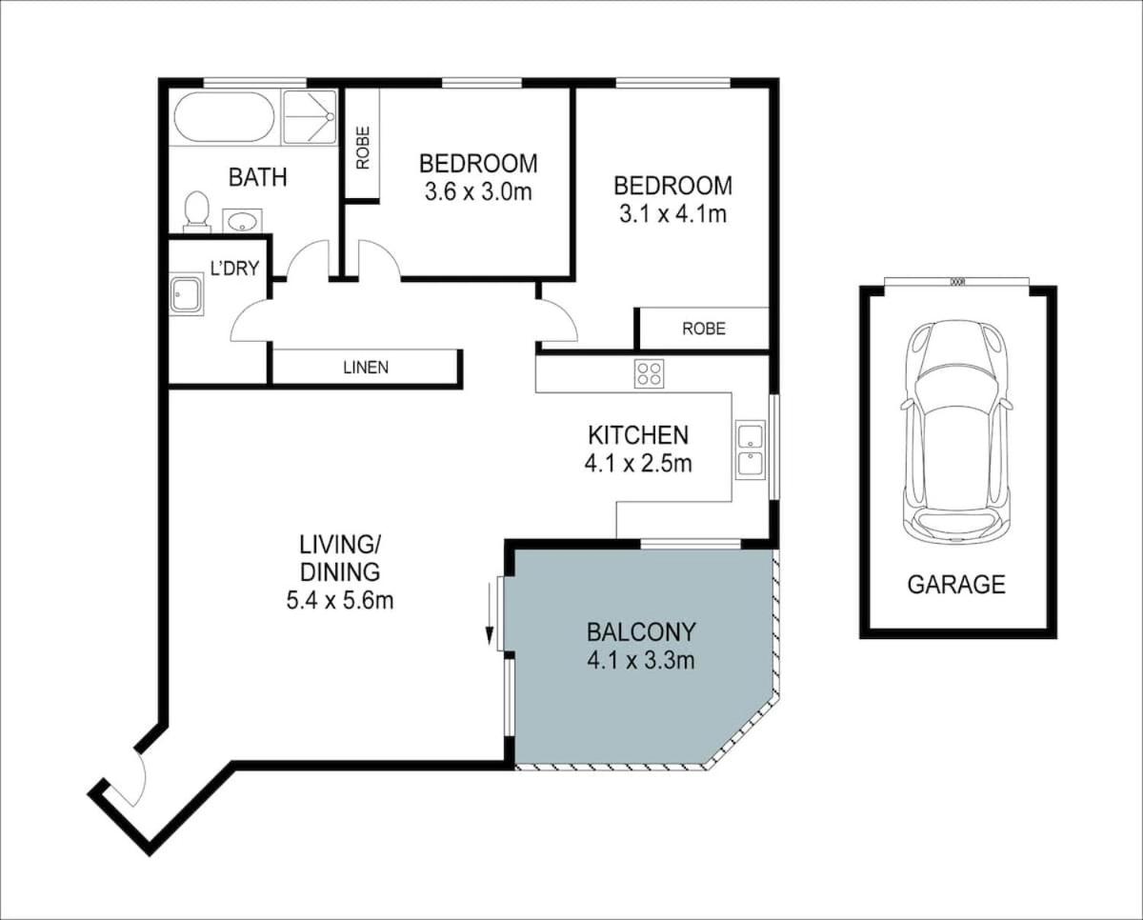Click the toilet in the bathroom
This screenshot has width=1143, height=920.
click(196, 212)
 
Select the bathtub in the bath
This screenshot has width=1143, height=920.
click(224, 117)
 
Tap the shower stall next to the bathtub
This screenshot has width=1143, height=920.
click(310, 117)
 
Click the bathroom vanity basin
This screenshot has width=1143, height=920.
click(243, 220)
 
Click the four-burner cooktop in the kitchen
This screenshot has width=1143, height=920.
click(649, 373)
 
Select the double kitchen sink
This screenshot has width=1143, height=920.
click(751, 450)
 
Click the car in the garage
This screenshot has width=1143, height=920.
click(956, 431)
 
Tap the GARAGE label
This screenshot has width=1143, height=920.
click(956, 585)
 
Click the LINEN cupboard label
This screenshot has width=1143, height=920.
click(366, 367)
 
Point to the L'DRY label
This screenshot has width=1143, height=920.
click(234, 269)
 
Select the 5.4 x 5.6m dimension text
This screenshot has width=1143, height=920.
click(340, 601)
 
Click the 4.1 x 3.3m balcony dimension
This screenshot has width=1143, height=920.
click(641, 661)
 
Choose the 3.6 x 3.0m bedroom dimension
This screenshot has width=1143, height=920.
click(478, 191)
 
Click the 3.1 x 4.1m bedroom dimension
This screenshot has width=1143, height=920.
click(673, 214)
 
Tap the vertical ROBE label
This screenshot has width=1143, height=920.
click(363, 148)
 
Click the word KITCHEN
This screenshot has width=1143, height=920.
click(638, 435)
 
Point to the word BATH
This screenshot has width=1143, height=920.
click(257, 177)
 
